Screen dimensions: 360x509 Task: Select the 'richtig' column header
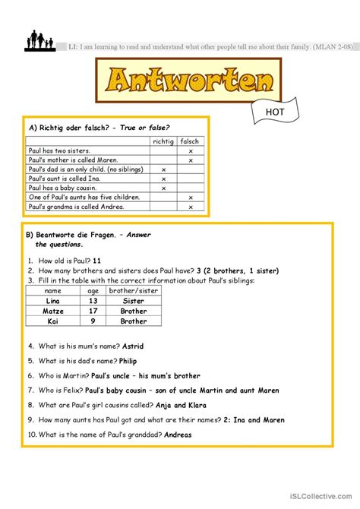[x=163, y=141]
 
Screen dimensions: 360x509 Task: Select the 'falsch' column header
[x=191, y=141]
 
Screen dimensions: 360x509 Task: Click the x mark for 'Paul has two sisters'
[x=191, y=151]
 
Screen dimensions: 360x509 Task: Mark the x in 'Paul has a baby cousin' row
[x=163, y=188]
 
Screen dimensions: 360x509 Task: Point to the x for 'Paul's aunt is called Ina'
[x=163, y=179]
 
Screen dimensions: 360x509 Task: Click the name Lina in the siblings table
[x=53, y=301]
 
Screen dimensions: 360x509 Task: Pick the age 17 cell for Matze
[x=93, y=311]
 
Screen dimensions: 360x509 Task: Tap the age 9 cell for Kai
[x=93, y=321]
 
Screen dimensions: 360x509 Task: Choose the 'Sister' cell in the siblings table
[x=134, y=301]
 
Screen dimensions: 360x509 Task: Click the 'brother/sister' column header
[x=134, y=291]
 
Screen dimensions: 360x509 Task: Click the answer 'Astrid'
[x=132, y=346]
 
